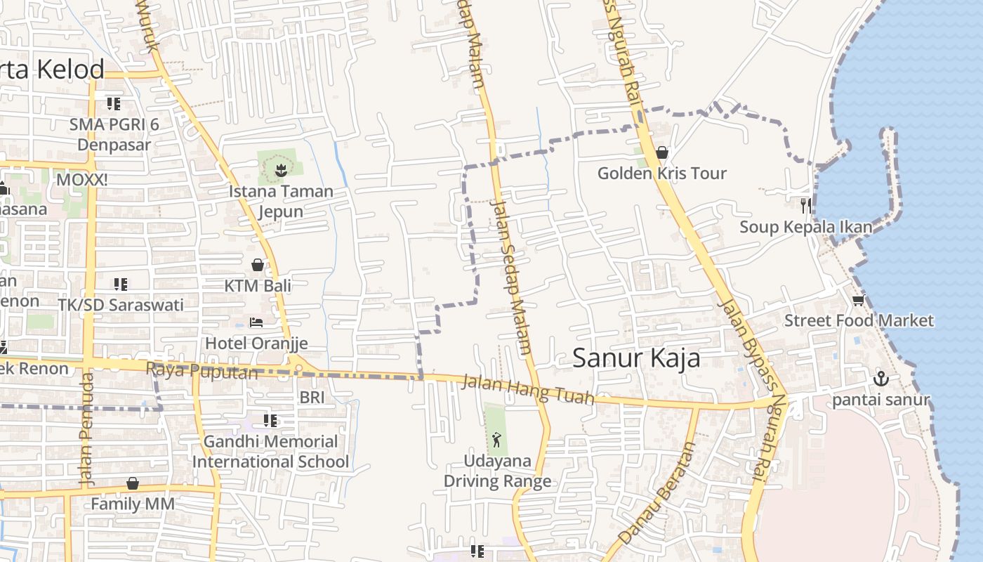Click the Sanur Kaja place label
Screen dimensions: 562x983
[x=636, y=358]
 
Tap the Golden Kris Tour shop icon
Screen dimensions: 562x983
[x=661, y=152]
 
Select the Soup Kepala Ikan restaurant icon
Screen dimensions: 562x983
[x=805, y=205]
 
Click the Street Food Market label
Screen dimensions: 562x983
[x=859, y=321]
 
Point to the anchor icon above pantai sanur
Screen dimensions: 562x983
[x=880, y=379]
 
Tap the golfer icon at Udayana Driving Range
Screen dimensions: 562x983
[x=497, y=440]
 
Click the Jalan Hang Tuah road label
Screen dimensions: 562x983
[x=527, y=391]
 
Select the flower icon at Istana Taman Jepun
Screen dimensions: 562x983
[x=281, y=169]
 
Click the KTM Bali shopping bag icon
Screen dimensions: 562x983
[x=258, y=265]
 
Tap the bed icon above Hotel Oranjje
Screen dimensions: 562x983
[x=256, y=322]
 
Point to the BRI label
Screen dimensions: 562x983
[x=312, y=398]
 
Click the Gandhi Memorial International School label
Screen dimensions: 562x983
[x=270, y=452]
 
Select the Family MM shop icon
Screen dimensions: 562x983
[x=133, y=483]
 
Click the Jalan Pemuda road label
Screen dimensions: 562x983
[x=86, y=430]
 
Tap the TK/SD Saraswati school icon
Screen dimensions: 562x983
[x=121, y=285]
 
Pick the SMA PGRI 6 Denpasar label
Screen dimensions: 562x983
[x=114, y=135]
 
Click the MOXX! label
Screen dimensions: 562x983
[x=82, y=180]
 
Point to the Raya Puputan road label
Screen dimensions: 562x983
[x=202, y=370]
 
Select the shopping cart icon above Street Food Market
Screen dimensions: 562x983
[x=857, y=301]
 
